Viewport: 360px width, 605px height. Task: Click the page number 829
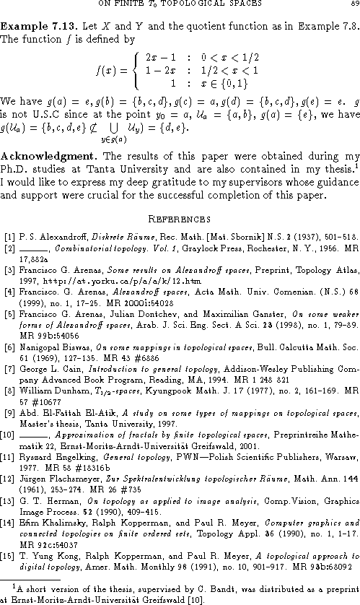(351, 6)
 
